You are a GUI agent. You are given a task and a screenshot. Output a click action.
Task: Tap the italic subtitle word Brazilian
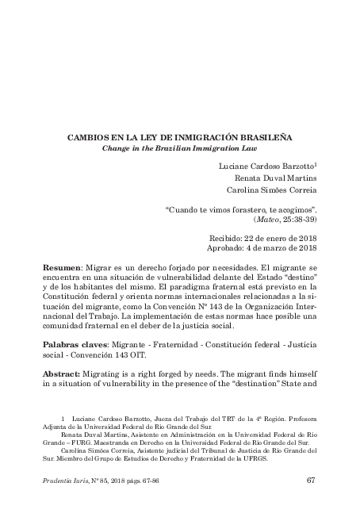point(187,148)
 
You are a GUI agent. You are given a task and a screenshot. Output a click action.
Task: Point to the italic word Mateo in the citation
point(267,219)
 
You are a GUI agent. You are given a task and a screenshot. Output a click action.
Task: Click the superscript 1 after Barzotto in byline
point(316,163)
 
